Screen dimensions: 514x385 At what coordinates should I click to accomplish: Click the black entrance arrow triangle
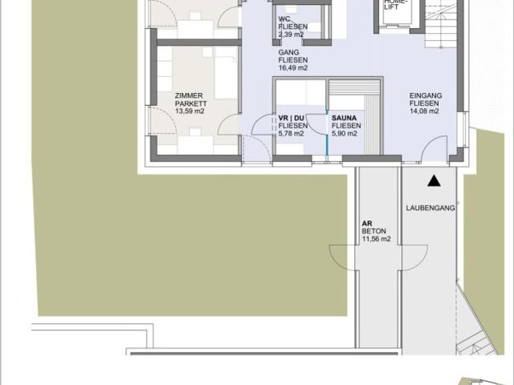tap(434, 181)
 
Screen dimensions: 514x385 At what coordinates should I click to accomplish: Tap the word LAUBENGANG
tap(430, 208)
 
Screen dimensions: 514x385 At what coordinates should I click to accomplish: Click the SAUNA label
tap(344, 118)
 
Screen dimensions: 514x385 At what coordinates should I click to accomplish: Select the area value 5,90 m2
tap(345, 134)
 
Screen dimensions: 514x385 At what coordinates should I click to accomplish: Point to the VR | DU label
tap(291, 118)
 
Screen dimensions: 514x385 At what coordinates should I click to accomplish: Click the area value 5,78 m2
tap(291, 134)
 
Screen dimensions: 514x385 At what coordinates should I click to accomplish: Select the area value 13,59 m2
tap(190, 111)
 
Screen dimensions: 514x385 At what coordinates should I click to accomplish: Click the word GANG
tap(289, 52)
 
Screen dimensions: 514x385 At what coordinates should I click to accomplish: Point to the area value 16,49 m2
tap(293, 68)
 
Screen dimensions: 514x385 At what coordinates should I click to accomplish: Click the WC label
tap(284, 18)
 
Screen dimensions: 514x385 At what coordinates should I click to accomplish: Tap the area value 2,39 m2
tap(291, 34)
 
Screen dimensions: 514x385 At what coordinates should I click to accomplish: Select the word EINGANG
tap(426, 95)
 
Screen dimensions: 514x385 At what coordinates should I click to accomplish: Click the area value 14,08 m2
tap(424, 111)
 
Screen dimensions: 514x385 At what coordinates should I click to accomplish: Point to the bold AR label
tap(367, 224)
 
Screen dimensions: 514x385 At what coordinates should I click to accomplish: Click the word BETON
tap(374, 231)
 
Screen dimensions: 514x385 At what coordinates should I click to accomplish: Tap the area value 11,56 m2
tap(377, 239)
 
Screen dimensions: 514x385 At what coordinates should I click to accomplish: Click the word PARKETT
tap(191, 103)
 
